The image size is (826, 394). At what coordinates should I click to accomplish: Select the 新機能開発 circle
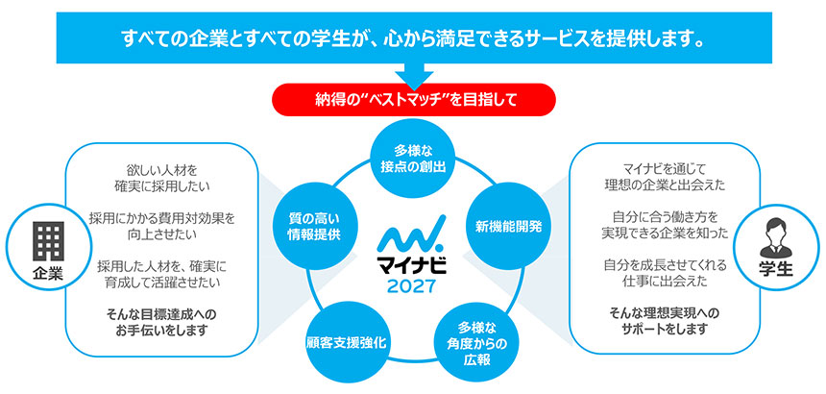coord(508,227)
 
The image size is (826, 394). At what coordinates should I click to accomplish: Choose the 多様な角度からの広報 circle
coord(475,337)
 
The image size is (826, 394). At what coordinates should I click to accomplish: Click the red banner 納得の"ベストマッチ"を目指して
coord(413,98)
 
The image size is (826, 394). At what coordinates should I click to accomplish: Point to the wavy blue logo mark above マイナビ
coord(412,236)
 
